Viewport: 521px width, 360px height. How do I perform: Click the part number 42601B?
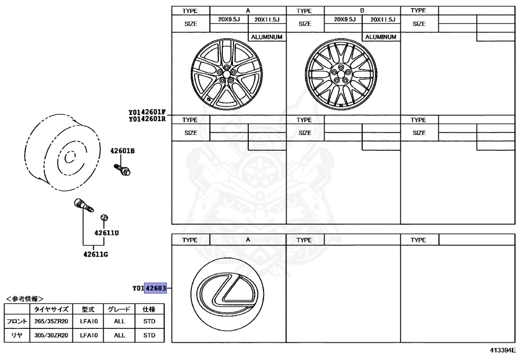123,151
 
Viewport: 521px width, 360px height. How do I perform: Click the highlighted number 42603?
156,288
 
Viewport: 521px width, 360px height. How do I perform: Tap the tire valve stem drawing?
83,204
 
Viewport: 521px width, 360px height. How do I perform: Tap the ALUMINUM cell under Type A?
267,37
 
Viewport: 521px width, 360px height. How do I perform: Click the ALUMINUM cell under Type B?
382,37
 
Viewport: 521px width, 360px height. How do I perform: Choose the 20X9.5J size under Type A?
229,19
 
